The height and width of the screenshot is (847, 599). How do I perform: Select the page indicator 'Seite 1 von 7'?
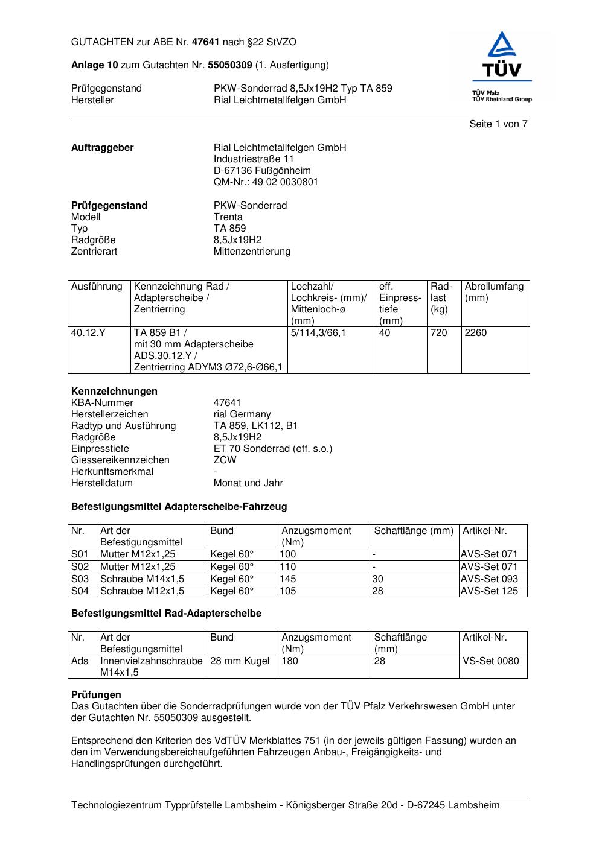pyautogui.click(x=498, y=124)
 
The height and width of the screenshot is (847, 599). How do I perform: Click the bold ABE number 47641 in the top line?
pyautogui.click(x=206, y=42)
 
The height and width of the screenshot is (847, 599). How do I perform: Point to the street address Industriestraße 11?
pyautogui.click(x=254, y=159)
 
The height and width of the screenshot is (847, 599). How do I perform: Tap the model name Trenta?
pyautogui.click(x=228, y=217)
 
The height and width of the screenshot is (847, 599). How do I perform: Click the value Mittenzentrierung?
pyautogui.click(x=252, y=252)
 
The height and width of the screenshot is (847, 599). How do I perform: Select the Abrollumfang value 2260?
pyautogui.click(x=476, y=333)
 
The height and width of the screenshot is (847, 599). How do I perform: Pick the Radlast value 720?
pyautogui.click(x=439, y=333)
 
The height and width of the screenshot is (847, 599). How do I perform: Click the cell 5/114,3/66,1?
pyautogui.click(x=318, y=333)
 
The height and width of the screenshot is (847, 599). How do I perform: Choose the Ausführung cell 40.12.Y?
pyautogui.click(x=88, y=333)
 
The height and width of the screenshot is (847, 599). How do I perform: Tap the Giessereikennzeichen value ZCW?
pyautogui.click(x=225, y=460)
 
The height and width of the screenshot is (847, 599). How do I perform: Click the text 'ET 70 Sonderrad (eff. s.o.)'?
pyautogui.click(x=273, y=449)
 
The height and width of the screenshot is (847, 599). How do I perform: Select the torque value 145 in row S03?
pyautogui.click(x=288, y=579)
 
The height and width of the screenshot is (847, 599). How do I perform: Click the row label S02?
pyautogui.click(x=80, y=567)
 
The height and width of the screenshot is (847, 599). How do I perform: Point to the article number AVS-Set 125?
pyautogui.click(x=489, y=591)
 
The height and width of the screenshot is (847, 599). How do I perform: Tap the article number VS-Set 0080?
pyautogui.click(x=490, y=661)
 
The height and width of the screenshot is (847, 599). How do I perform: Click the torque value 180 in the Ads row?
pyautogui.click(x=290, y=661)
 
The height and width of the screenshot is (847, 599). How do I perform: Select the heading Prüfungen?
pyautogui.click(x=96, y=695)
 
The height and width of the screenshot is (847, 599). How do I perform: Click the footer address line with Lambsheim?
pyautogui.click(x=285, y=805)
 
